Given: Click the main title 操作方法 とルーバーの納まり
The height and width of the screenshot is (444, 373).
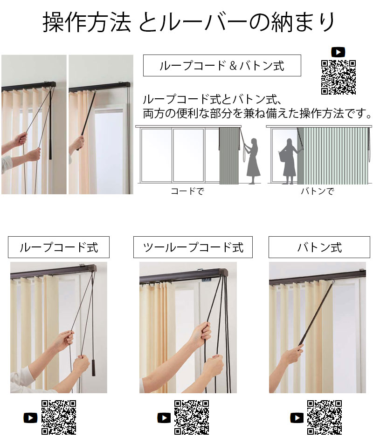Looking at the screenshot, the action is (x=189, y=22).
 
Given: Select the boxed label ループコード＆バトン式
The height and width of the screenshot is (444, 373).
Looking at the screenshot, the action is (x=222, y=66).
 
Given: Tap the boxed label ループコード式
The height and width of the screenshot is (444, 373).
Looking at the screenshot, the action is (x=59, y=247).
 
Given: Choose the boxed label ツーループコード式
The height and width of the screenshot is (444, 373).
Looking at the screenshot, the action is (x=193, y=247).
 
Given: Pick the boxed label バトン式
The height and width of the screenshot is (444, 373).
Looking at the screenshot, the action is (x=319, y=247).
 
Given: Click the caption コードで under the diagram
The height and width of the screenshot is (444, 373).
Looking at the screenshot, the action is (x=187, y=191).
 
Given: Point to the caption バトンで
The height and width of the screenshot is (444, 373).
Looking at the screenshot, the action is (x=318, y=191).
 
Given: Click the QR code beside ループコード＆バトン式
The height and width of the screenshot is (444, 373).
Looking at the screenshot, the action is (x=338, y=77).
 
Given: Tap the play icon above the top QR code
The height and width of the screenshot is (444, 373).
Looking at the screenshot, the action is (x=338, y=52).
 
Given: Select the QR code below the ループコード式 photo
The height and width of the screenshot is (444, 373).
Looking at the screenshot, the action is (x=59, y=417).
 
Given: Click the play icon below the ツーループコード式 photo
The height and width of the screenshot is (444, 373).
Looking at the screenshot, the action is (x=164, y=418).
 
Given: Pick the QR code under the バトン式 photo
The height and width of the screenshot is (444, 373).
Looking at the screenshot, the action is (x=325, y=417).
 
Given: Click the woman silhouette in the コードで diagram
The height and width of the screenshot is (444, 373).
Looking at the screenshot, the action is (x=253, y=161).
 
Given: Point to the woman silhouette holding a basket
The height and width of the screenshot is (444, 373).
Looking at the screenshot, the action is (x=288, y=161).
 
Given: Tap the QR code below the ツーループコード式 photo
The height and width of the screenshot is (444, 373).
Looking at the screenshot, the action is (x=192, y=417).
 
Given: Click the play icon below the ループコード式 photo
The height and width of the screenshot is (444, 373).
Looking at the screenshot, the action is (x=31, y=418).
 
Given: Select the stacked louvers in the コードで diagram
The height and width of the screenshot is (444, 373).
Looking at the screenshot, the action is (x=229, y=156).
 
